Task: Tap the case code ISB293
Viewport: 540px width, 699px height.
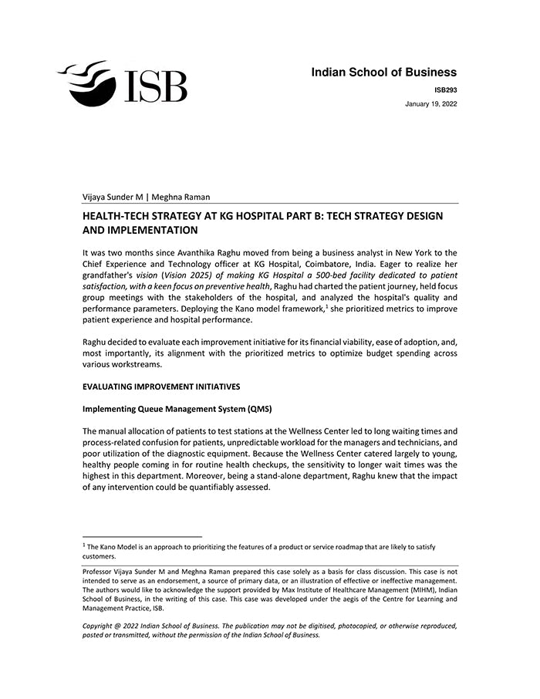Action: click(445, 89)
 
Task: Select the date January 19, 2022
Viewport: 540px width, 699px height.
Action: click(430, 103)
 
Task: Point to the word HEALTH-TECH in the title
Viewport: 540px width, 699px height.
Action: click(118, 216)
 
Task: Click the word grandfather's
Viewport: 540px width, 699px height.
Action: click(110, 275)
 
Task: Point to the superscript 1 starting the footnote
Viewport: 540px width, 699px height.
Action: click(84, 545)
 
